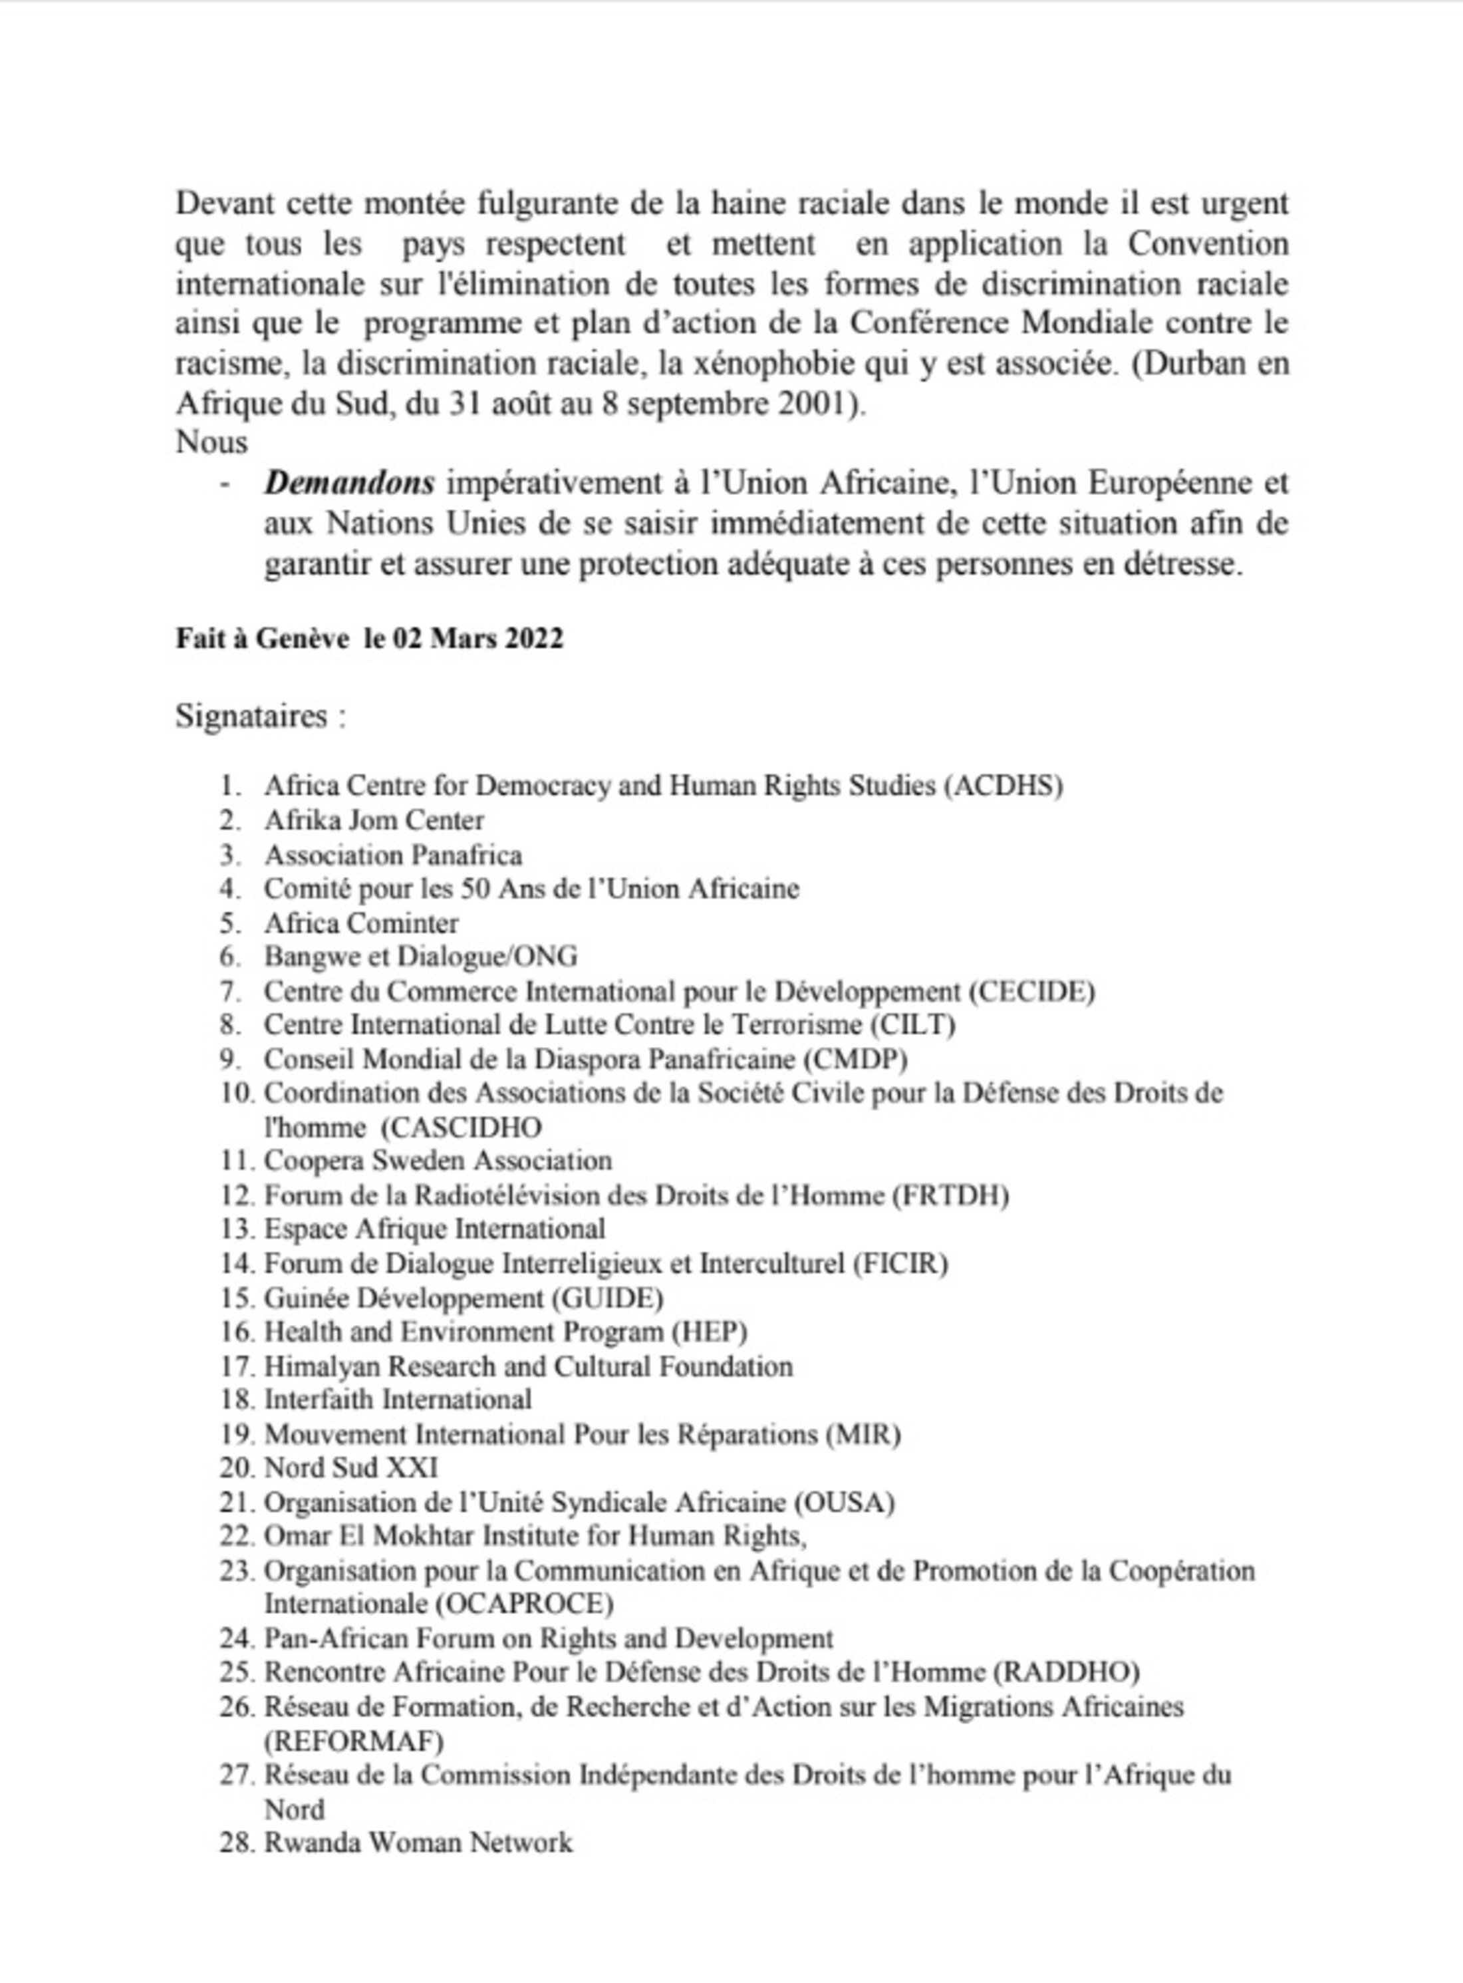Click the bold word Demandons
pos(350,484)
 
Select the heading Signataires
pos(259,716)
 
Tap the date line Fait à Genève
pos(368,639)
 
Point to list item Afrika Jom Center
pos(374,820)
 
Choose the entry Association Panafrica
pos(392,855)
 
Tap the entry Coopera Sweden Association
pos(438,1161)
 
